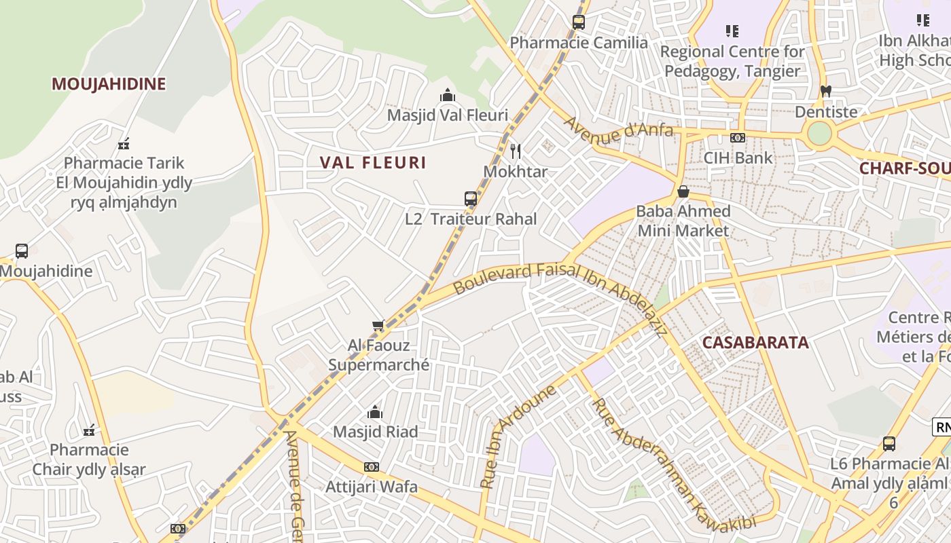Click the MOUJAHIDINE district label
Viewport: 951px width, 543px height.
[109, 84]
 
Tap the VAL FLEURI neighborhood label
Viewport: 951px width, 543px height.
[373, 163]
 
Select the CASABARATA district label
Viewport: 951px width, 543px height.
[755, 343]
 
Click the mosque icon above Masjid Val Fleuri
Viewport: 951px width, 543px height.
[447, 96]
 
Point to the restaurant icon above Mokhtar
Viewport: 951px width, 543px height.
[516, 151]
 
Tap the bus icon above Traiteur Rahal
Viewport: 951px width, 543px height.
[471, 199]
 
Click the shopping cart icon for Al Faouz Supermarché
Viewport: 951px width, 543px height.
[378, 326]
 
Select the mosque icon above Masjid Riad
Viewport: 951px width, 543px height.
[374, 412]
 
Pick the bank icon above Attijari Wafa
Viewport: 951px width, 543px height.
[371, 467]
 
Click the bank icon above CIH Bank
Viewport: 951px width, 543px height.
[738, 138]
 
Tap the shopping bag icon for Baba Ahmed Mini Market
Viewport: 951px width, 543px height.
[683, 191]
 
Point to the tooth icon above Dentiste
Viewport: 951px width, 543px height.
[826, 91]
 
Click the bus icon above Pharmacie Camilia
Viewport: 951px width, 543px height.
[579, 22]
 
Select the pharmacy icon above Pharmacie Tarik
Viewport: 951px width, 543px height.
[124, 144]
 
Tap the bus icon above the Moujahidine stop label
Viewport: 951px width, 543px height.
[22, 251]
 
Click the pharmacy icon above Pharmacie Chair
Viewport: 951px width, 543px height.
[89, 430]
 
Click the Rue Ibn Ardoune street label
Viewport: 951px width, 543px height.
[518, 436]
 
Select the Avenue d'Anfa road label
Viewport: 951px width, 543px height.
[618, 128]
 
